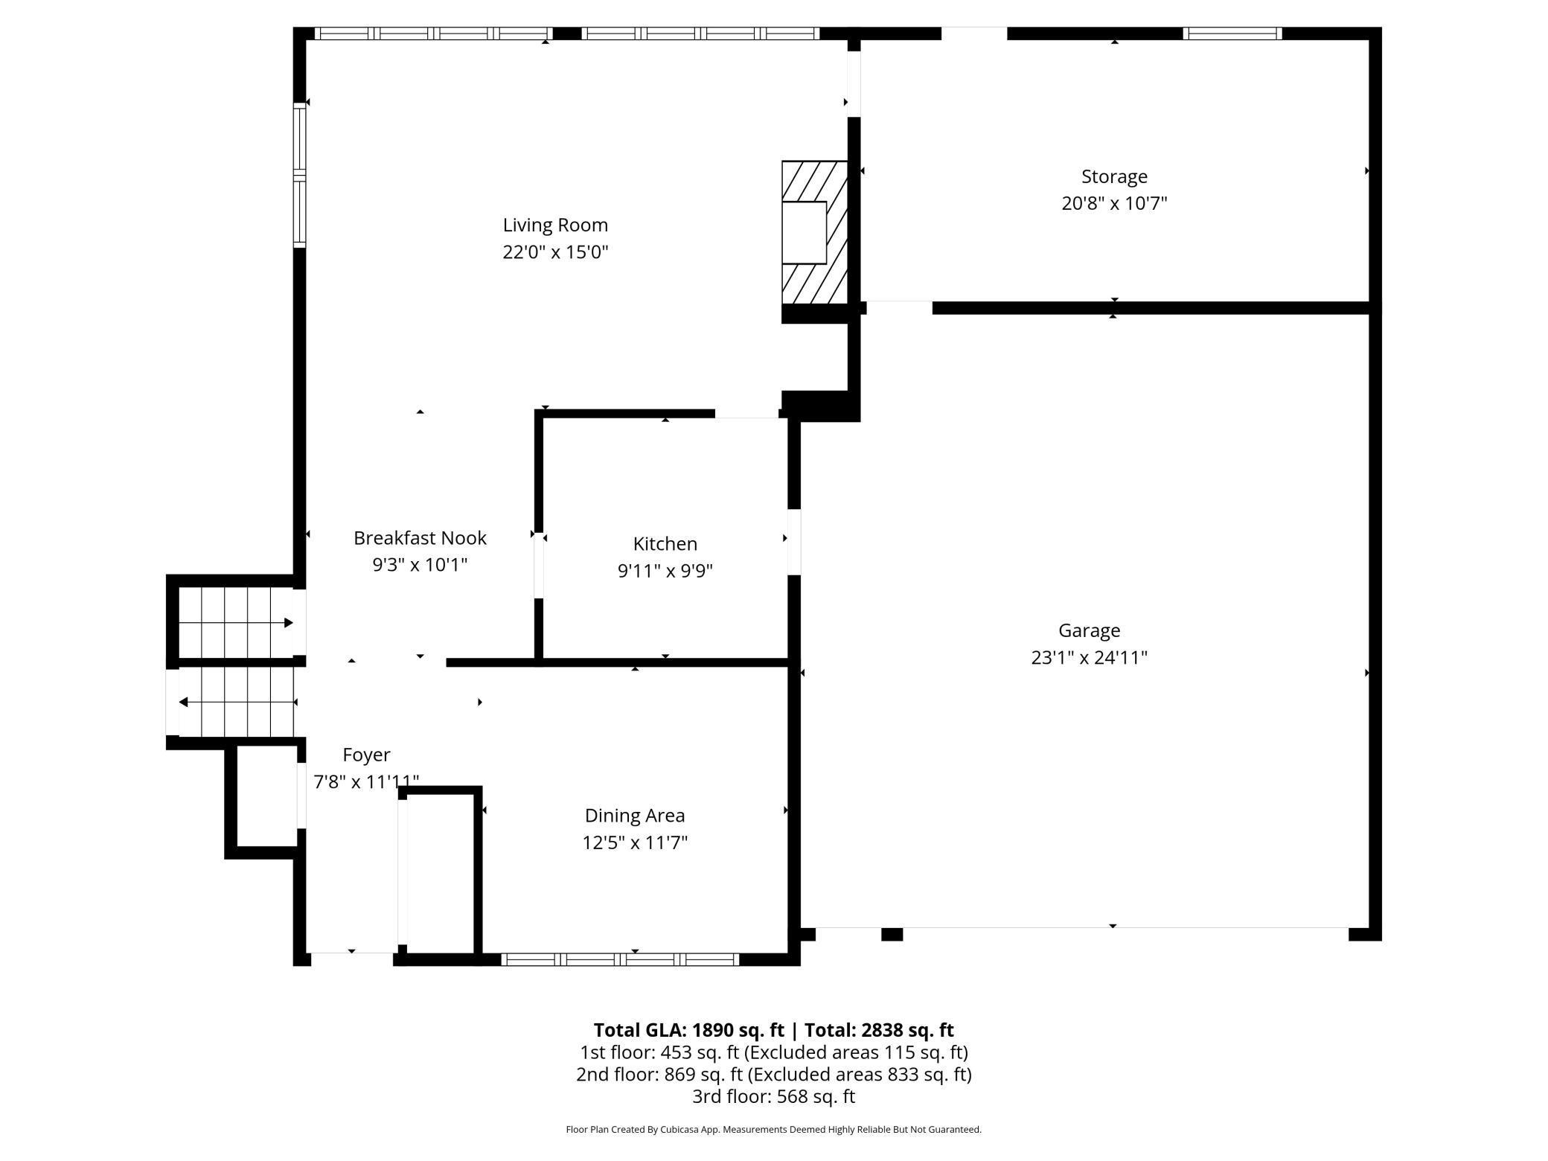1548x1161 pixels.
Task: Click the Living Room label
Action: point(555,225)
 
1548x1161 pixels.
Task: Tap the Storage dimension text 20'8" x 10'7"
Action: point(1114,203)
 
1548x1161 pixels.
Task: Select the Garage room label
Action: point(1089,631)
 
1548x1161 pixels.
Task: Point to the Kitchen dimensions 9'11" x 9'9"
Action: point(665,571)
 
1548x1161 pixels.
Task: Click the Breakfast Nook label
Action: point(420,538)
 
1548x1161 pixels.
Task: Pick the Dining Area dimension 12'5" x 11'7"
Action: point(634,842)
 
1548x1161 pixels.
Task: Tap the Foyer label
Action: point(366,755)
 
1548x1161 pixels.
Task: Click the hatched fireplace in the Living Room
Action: point(815,232)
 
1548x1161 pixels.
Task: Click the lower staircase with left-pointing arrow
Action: point(237,702)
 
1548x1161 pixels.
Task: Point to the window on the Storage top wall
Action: point(1232,33)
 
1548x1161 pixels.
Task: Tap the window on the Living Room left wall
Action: point(299,175)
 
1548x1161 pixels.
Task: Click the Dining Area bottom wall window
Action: point(620,959)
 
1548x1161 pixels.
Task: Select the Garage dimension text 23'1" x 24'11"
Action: point(1089,658)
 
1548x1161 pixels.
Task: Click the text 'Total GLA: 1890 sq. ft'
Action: point(688,1030)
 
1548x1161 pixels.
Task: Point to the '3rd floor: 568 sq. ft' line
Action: point(773,1096)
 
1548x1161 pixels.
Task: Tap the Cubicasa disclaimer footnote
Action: point(773,1130)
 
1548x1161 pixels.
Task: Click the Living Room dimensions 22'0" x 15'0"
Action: point(555,252)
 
